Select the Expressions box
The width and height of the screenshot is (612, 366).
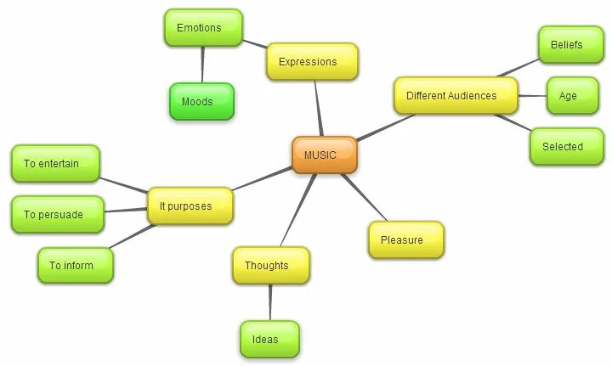(x=311, y=62)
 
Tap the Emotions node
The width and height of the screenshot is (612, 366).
(x=202, y=28)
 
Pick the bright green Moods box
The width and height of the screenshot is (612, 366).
(x=201, y=102)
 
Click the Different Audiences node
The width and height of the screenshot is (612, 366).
(x=456, y=96)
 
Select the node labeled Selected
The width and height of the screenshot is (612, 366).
(x=566, y=146)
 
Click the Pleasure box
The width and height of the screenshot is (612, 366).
(x=405, y=239)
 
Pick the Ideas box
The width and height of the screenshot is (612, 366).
(x=269, y=340)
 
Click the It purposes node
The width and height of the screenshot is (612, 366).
(x=190, y=206)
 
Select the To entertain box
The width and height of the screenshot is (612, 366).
(x=55, y=163)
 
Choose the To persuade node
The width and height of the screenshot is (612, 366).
(x=57, y=214)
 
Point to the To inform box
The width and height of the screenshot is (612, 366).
(x=75, y=265)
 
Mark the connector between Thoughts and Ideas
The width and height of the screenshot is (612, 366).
(x=270, y=302)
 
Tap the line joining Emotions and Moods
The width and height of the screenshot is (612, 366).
(x=202, y=65)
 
